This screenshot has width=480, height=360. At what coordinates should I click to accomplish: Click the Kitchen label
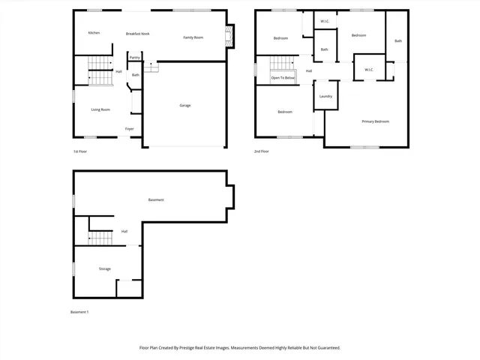click(94, 33)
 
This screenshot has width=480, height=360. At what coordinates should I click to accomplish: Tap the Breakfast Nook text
click(137, 34)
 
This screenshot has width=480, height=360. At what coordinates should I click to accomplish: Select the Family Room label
click(193, 37)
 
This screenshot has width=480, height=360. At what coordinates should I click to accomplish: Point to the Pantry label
click(134, 57)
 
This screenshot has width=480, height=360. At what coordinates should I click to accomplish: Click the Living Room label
click(100, 109)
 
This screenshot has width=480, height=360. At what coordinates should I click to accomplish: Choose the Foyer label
click(129, 129)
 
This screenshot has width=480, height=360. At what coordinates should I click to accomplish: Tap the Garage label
click(184, 105)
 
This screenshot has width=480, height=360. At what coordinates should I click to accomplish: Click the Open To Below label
click(283, 78)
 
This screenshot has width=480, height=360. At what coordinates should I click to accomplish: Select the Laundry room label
click(325, 96)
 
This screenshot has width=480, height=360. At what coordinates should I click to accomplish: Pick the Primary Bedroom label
click(375, 121)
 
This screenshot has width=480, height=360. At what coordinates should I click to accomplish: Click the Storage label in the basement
click(105, 268)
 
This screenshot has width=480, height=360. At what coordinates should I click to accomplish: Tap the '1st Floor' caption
click(80, 151)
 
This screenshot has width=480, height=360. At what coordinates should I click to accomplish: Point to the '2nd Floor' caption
click(262, 151)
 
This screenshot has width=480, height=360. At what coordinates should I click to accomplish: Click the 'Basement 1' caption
click(79, 312)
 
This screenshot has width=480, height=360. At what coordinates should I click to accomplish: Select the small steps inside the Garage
click(151, 67)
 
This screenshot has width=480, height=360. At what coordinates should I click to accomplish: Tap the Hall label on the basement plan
click(124, 231)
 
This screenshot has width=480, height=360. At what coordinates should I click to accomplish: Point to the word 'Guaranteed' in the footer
click(325, 348)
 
